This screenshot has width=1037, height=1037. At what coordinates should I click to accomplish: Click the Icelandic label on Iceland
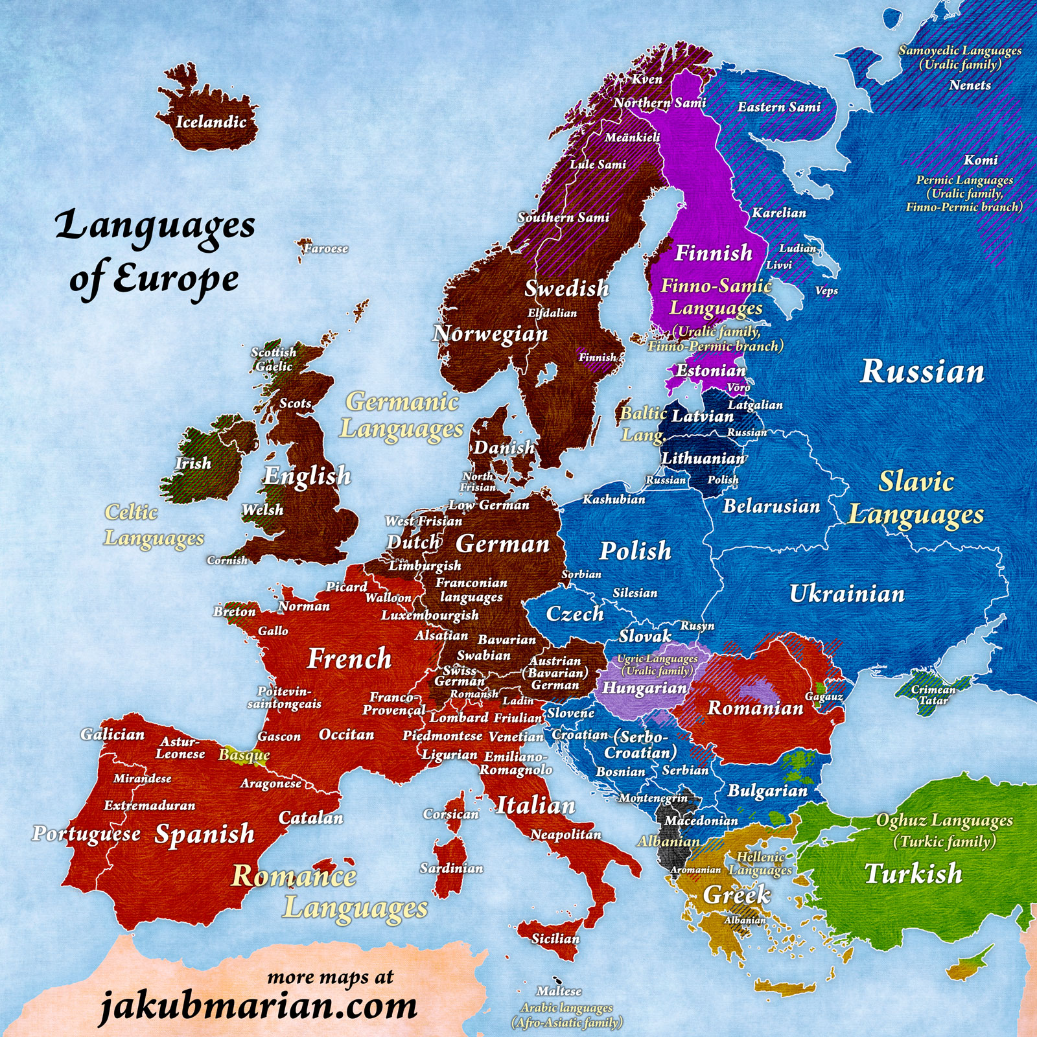(211, 122)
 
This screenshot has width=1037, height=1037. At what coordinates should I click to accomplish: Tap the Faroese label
(326, 248)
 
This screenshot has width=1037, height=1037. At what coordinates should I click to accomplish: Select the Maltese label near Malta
(559, 991)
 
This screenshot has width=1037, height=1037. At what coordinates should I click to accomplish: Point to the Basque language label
(244, 754)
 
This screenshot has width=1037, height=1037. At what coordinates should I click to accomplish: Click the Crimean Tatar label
(933, 695)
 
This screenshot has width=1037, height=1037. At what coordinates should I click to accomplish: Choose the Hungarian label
(644, 688)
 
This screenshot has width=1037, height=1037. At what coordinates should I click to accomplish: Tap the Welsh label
(262, 510)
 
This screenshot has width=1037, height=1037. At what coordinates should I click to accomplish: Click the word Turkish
(913, 874)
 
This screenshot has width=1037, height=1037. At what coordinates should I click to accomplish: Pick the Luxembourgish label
(430, 615)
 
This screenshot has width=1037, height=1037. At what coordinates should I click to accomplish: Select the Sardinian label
(451, 868)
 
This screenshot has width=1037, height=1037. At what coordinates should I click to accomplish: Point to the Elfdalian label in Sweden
(552, 313)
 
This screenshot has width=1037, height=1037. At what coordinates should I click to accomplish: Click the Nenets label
(970, 85)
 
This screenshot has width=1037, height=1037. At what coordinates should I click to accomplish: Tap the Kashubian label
(614, 499)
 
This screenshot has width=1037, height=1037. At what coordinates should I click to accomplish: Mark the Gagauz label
(824, 697)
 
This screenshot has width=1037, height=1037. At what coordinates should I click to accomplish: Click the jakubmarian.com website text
(258, 1006)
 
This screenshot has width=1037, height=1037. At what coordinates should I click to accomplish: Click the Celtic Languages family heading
(154, 525)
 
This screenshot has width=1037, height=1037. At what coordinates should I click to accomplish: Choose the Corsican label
(450, 814)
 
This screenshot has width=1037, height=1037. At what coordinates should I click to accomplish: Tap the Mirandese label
(143, 778)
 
